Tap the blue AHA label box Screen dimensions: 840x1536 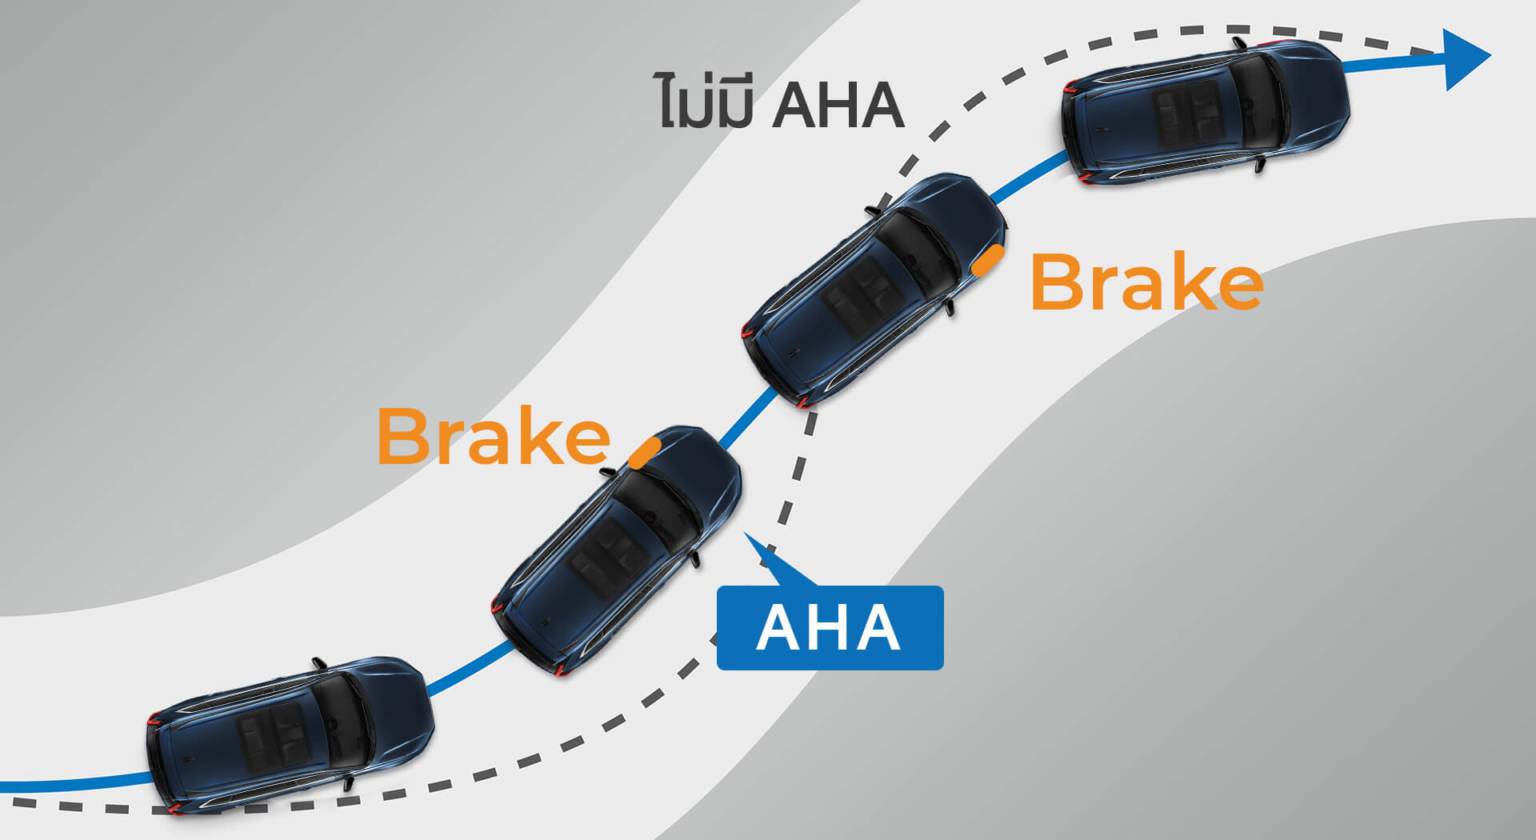coord(830,628)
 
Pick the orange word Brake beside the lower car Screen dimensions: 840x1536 coord(493,437)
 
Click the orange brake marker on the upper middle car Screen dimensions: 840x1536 coord(988,261)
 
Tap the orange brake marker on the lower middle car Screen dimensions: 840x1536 coord(644,453)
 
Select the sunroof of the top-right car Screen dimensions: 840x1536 coord(1186,112)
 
